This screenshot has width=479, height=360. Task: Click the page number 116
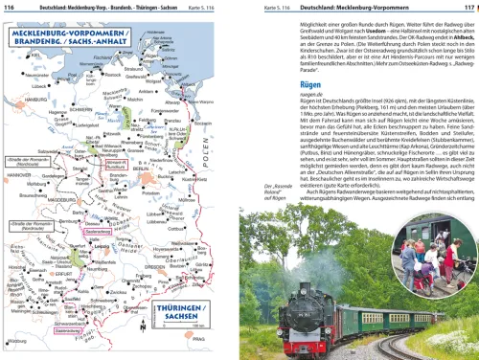click(x=11, y=6)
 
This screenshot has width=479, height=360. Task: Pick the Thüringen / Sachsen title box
click(x=183, y=313)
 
